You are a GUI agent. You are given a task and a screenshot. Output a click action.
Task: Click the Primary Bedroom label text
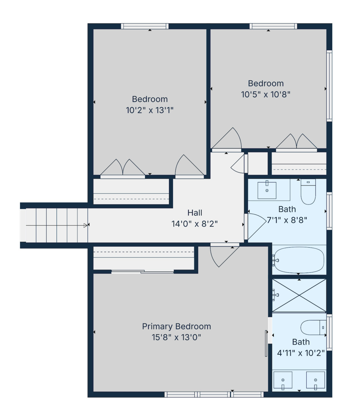(x=176, y=327)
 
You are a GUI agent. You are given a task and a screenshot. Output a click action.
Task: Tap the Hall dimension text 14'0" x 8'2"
(x=195, y=224)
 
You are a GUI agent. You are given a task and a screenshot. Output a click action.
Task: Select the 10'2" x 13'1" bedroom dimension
(x=150, y=110)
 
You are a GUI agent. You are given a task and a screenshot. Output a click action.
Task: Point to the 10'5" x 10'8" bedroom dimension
(x=266, y=94)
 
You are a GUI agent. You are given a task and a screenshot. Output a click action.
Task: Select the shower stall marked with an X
(x=299, y=295)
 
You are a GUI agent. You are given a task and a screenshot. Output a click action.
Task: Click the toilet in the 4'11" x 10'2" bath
(x=313, y=327)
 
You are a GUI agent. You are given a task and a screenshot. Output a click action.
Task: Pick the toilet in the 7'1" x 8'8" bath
(x=308, y=192)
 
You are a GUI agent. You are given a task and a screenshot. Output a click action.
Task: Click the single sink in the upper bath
(x=267, y=190)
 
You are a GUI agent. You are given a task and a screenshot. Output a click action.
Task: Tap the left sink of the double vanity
(x=283, y=380)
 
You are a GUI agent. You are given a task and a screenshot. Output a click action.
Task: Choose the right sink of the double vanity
(x=316, y=380)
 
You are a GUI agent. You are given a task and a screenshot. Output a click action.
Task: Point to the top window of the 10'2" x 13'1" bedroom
(x=145, y=26)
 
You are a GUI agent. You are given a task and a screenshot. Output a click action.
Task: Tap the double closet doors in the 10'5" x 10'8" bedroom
(x=296, y=142)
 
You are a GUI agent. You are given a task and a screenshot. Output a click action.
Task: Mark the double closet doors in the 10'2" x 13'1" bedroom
(x=123, y=168)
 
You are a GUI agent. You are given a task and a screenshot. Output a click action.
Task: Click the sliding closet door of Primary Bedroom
(x=143, y=272)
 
